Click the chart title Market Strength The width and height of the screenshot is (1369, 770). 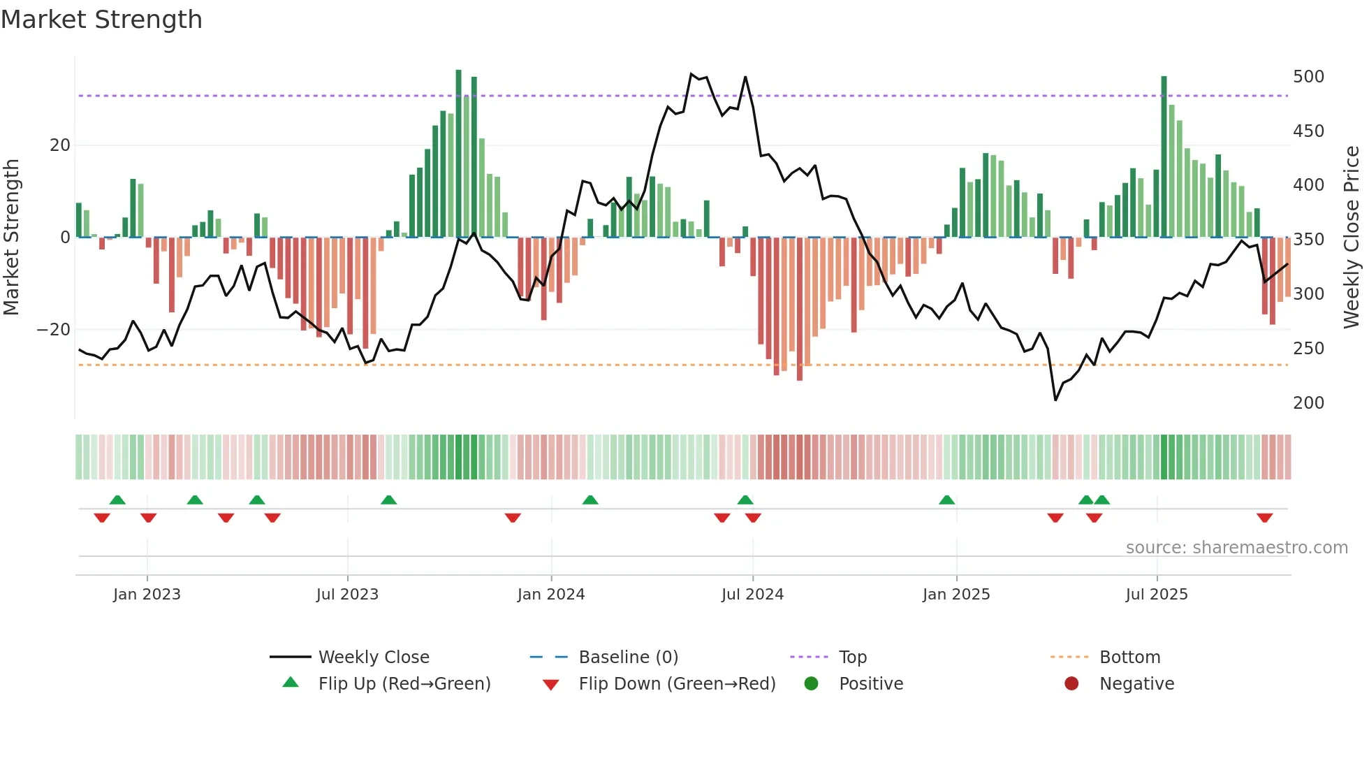(x=101, y=20)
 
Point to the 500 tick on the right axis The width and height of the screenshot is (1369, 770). (x=1308, y=76)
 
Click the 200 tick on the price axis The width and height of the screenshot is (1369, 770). (x=1308, y=402)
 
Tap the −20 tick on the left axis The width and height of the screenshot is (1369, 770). (x=54, y=329)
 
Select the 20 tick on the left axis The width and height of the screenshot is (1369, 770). (x=60, y=145)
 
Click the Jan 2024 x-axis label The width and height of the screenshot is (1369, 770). (x=551, y=595)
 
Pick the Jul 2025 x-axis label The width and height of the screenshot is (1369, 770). (x=1157, y=595)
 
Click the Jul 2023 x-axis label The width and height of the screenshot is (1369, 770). (x=347, y=595)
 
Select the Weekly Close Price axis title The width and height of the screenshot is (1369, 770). (x=1352, y=238)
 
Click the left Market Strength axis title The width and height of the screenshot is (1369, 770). (x=12, y=238)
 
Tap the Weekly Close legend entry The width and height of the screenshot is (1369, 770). (x=374, y=658)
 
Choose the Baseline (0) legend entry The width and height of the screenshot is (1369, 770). (x=628, y=658)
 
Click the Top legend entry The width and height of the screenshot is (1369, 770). (x=852, y=658)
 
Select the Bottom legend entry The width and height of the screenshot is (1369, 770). (x=1129, y=658)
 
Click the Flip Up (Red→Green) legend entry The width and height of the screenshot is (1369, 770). (x=404, y=684)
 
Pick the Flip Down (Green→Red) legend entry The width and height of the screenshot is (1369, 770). (x=677, y=684)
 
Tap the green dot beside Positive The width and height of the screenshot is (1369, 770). (x=811, y=683)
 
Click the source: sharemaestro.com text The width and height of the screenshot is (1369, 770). (x=1236, y=548)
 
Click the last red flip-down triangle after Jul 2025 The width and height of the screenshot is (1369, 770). (x=1264, y=518)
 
